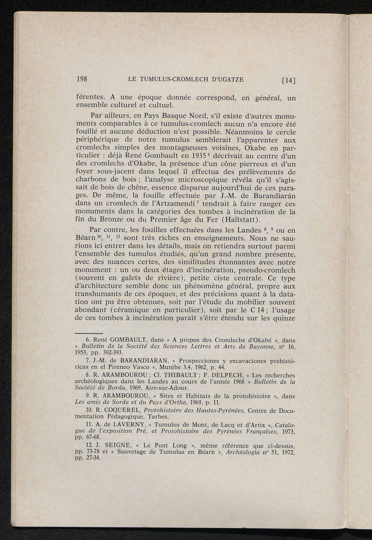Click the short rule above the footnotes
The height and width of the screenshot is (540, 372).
coord(89,333)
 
